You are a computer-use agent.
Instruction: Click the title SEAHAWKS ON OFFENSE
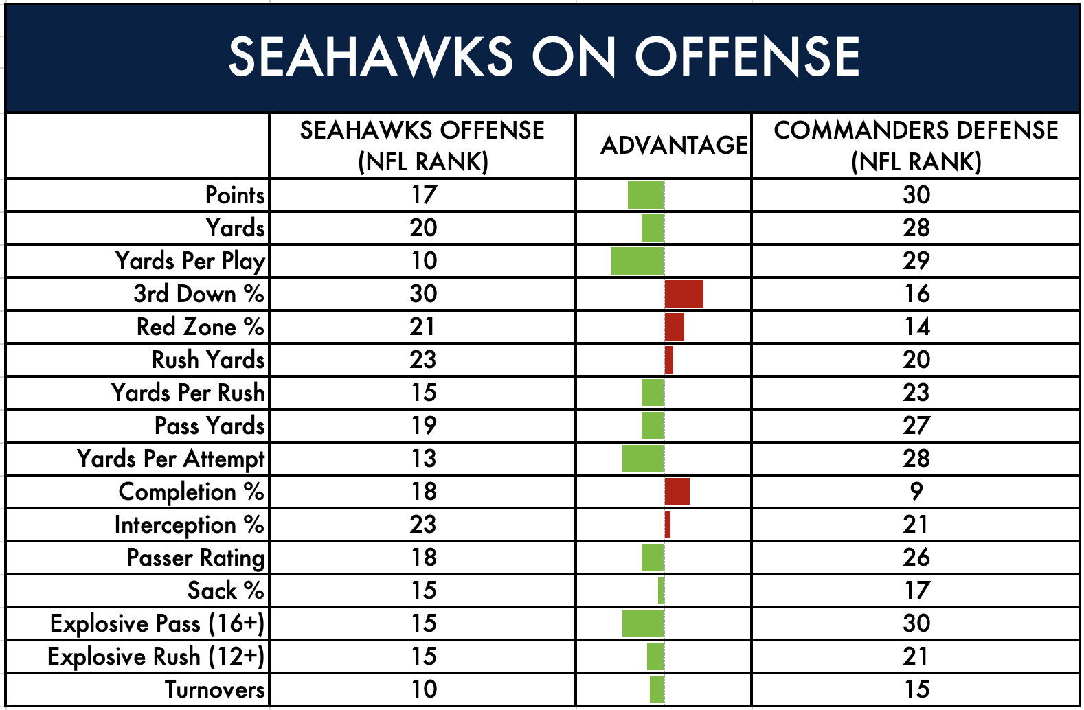(x=544, y=56)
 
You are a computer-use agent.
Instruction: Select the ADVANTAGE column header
(x=674, y=145)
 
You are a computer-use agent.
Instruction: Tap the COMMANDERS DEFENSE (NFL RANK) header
(x=916, y=146)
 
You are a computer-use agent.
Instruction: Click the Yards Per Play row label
(x=190, y=262)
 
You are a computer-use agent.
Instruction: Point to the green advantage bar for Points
(x=646, y=195)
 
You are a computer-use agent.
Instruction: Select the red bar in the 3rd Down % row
(x=684, y=294)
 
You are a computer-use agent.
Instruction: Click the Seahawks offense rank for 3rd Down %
(x=423, y=294)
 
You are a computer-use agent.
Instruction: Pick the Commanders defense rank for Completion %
(x=916, y=492)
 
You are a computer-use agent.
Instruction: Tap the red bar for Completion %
(x=677, y=492)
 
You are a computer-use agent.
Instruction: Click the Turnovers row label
(x=215, y=689)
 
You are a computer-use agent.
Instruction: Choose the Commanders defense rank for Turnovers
(x=916, y=689)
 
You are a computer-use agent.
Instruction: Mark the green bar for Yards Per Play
(x=637, y=261)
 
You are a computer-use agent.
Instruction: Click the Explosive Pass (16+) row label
(x=157, y=623)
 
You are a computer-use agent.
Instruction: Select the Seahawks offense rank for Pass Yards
(x=423, y=426)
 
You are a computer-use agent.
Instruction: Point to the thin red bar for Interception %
(x=667, y=525)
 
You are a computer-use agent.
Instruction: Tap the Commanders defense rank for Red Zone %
(x=916, y=326)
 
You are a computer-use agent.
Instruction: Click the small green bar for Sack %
(x=661, y=590)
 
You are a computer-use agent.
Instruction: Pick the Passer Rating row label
(x=196, y=558)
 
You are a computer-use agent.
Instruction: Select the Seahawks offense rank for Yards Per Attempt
(x=423, y=459)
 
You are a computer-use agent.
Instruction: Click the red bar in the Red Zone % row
(x=674, y=326)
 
